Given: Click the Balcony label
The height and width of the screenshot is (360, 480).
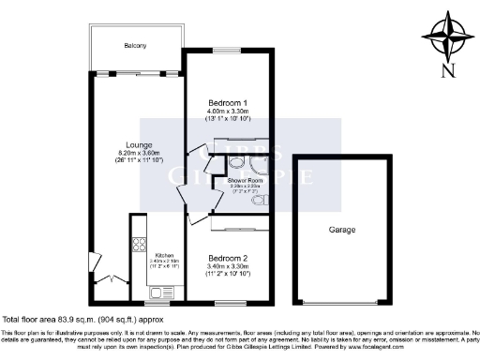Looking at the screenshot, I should (135, 46).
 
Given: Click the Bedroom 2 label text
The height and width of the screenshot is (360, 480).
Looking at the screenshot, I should (227, 257).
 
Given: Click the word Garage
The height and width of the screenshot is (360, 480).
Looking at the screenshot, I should (341, 229).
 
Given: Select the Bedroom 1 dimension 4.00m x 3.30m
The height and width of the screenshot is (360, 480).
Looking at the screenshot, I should (226, 112).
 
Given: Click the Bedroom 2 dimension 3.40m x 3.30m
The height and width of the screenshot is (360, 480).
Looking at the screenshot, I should (227, 266).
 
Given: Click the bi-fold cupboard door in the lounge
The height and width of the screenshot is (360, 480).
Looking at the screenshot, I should (112, 278).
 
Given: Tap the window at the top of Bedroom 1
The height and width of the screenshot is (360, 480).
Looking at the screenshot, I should (226, 51).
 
